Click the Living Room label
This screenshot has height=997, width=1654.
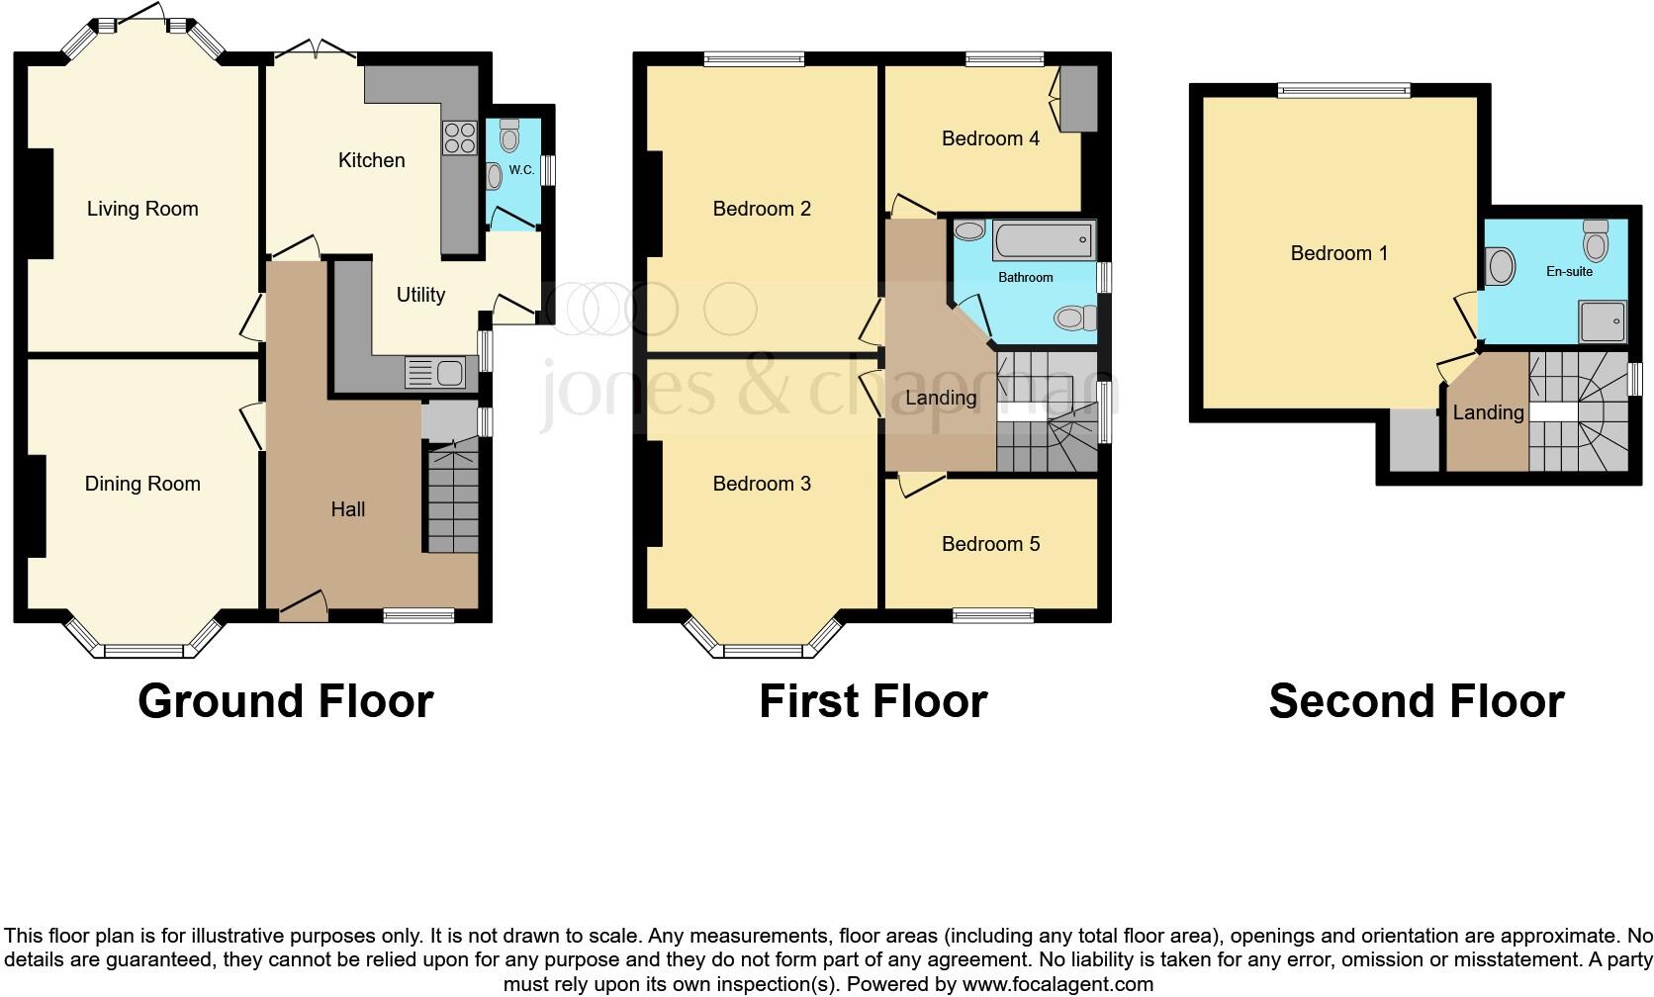(x=142, y=209)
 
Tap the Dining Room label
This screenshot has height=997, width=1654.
(x=142, y=484)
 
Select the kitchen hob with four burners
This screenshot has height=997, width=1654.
(x=459, y=136)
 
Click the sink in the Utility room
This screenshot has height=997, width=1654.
(x=448, y=374)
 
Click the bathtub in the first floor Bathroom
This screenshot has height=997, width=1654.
(x=1044, y=240)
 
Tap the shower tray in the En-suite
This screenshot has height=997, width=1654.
(x=1602, y=321)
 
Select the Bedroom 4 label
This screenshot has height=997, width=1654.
(x=990, y=138)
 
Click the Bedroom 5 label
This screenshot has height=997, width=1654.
(x=990, y=544)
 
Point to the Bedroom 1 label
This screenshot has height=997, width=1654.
(x=1338, y=253)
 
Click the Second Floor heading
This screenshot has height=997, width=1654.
(x=1416, y=701)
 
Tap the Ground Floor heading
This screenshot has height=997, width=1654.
(x=285, y=701)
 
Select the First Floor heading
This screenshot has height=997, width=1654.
(x=873, y=701)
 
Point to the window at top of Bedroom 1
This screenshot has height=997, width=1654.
(x=1343, y=91)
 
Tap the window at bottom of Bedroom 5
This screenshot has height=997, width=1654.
(x=992, y=616)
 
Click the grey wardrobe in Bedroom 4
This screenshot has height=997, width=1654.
(x=1078, y=99)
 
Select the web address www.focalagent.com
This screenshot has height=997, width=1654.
(x=1057, y=984)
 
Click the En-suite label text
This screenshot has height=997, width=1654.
(x=1569, y=271)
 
